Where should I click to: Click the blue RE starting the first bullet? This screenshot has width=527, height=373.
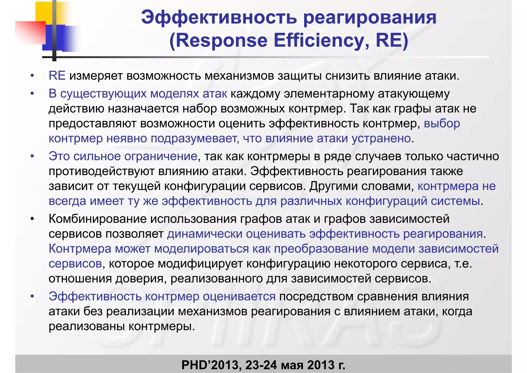coord(57,76)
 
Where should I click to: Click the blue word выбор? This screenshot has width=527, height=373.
coord(442,124)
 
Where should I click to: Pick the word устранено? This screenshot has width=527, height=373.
coord(381,139)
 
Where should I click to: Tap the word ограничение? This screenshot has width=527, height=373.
coord(161,156)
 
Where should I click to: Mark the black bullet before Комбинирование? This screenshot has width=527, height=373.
coord(32,219)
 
